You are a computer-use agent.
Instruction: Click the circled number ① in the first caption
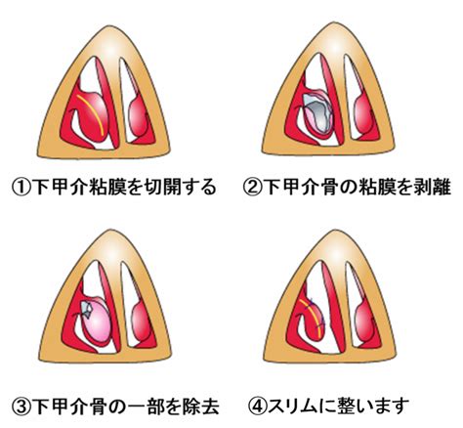(21, 188)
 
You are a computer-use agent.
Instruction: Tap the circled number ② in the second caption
(253, 188)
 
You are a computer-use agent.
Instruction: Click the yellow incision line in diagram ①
(92, 113)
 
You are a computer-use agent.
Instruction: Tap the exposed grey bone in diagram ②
(317, 114)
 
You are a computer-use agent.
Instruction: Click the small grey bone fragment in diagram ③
(86, 309)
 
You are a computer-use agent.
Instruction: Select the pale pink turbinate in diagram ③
(97, 321)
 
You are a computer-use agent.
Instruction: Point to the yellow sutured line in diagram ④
(312, 317)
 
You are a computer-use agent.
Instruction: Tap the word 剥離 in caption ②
(436, 188)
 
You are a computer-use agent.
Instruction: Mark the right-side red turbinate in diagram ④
(364, 322)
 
